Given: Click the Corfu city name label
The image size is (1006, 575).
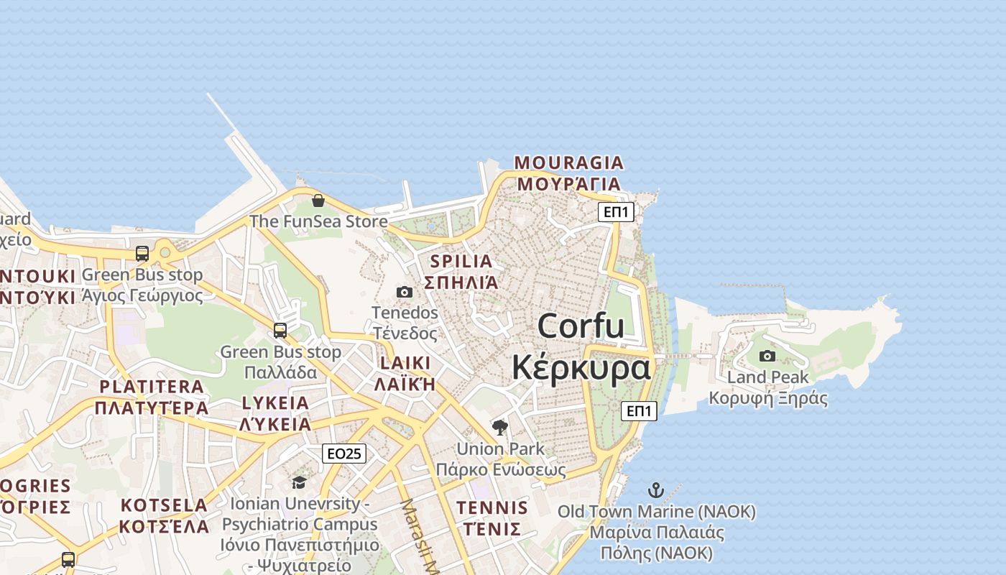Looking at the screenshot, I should (581, 346).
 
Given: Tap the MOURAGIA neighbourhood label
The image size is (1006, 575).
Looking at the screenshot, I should (568, 173).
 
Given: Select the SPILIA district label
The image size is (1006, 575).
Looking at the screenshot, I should (461, 271).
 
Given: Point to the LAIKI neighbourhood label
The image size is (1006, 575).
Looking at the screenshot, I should (403, 372).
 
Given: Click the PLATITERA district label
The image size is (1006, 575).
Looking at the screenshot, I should (152, 397).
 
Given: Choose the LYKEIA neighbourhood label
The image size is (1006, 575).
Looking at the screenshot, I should (276, 413).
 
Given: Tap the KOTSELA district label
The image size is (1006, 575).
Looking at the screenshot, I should (164, 515).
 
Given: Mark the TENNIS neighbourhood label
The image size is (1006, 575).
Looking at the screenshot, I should (492, 518).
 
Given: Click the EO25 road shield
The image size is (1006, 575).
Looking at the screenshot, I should (343, 454).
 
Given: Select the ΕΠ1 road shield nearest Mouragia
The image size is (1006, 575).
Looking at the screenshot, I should (616, 212).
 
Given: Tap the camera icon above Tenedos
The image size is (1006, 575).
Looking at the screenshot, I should (405, 292).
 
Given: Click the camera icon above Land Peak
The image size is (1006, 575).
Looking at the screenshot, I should (767, 356).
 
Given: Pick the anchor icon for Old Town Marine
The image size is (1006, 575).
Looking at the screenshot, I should (655, 491).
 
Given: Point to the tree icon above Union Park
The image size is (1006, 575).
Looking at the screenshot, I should (500, 428).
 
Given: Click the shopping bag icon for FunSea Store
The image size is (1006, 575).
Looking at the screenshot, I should (318, 200).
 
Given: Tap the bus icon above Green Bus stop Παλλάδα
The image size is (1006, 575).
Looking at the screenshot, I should (280, 331).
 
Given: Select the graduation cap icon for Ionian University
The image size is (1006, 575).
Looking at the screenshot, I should (299, 482).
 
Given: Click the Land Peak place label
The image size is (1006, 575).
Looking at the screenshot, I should (767, 387).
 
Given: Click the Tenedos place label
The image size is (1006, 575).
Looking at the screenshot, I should (405, 323).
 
